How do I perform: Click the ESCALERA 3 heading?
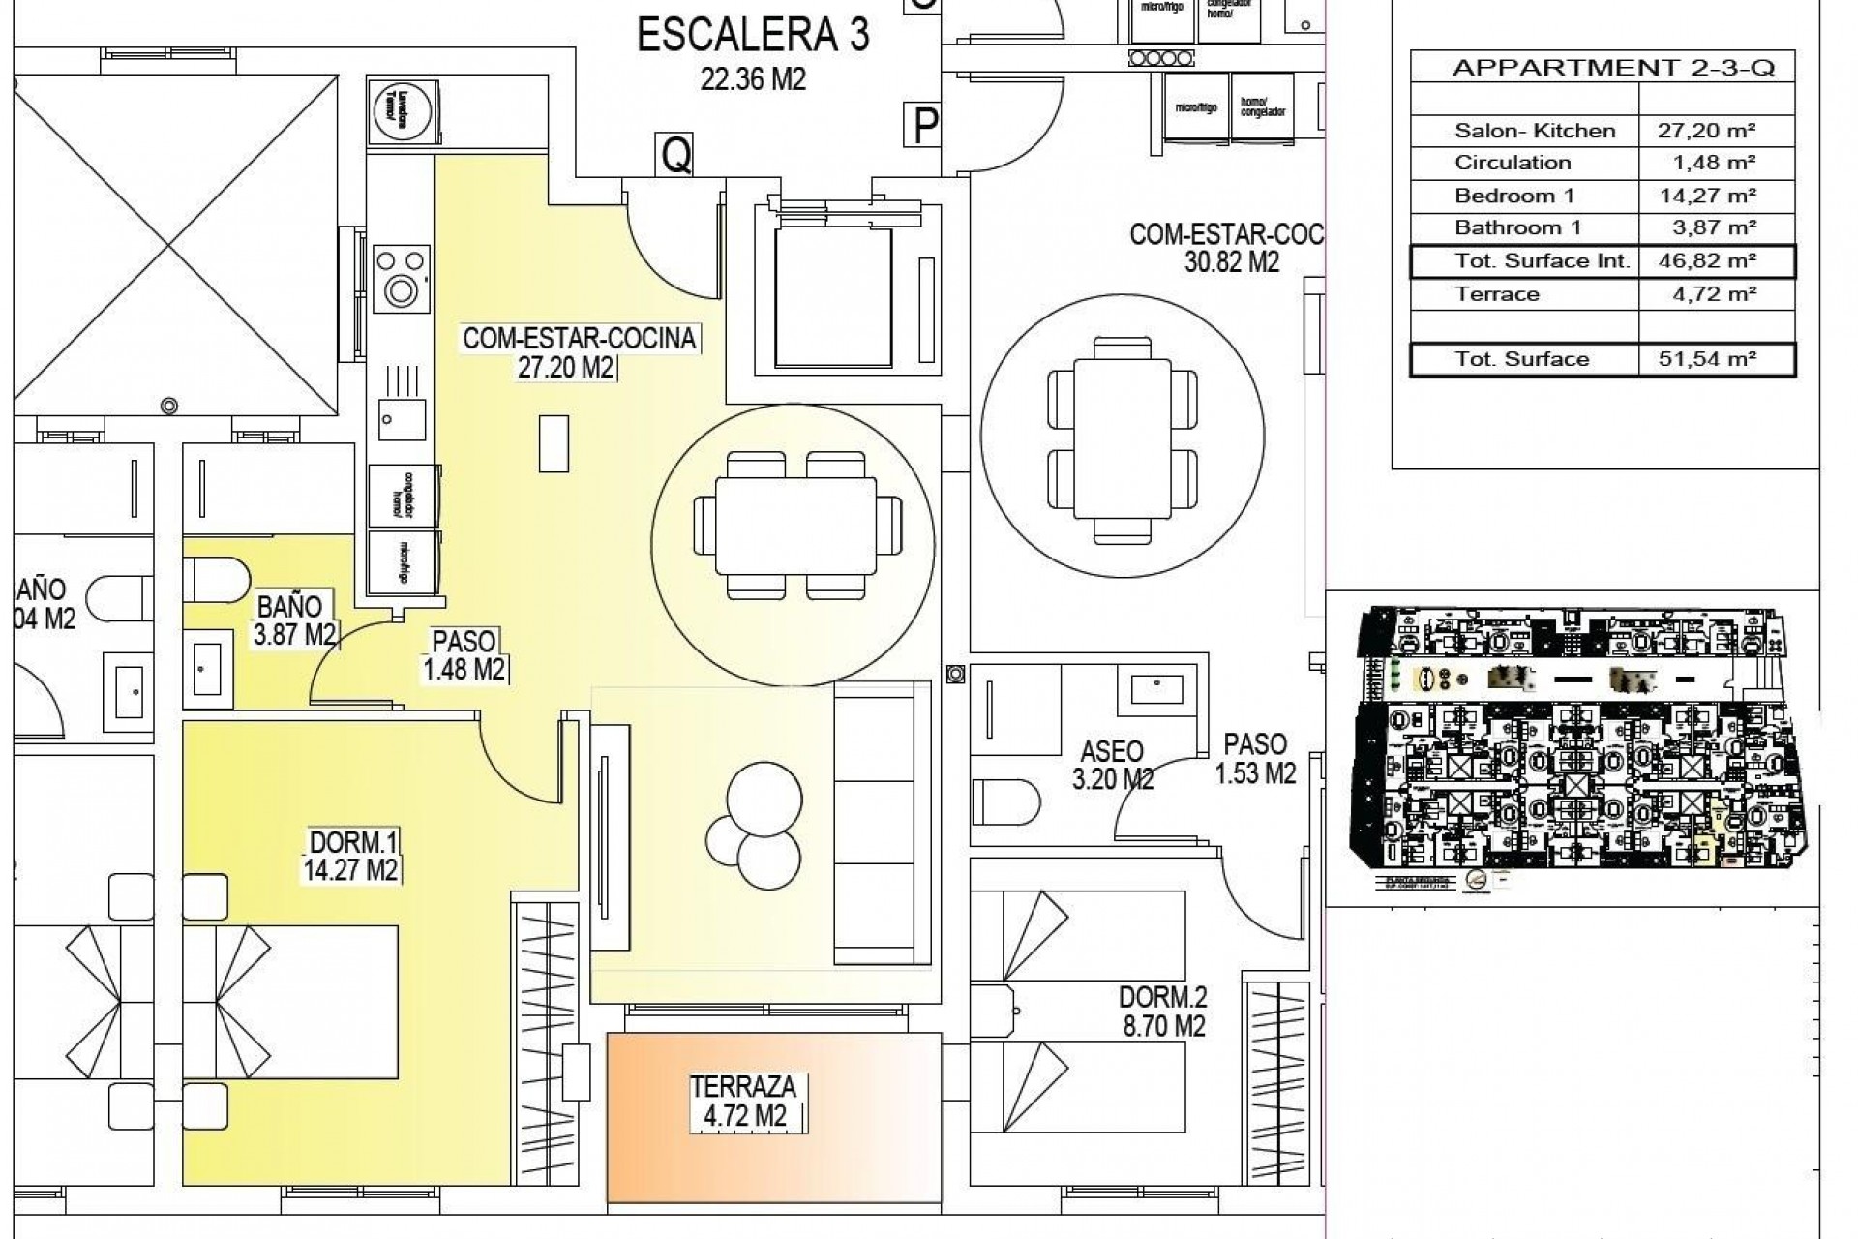pos(753,36)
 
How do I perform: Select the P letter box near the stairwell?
pos(925,124)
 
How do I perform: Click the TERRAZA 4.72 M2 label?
pos(743,1101)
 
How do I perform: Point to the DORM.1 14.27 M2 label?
pos(350,855)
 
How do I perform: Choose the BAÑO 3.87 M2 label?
pos(294,620)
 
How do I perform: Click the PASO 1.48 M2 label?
pos(464,654)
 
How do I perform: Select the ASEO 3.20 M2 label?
pos(1112,765)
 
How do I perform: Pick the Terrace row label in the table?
pos(1496,294)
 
